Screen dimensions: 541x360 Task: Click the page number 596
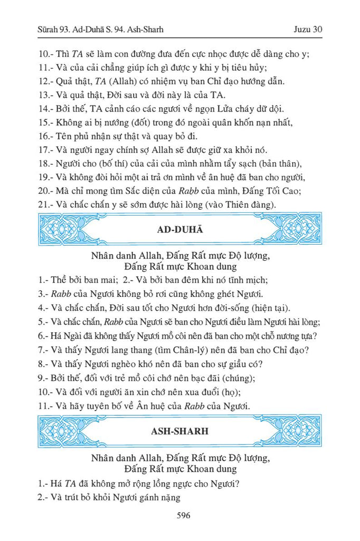[179, 516]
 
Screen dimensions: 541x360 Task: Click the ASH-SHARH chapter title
[179, 431]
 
